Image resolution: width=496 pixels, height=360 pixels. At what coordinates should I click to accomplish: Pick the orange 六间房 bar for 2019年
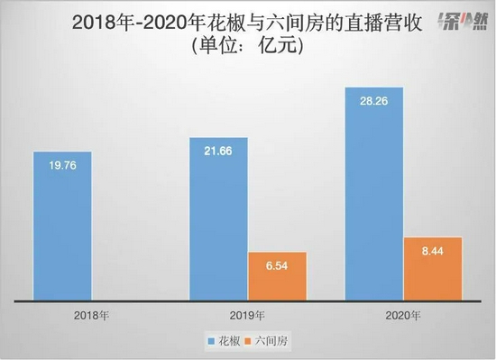(x=278, y=276)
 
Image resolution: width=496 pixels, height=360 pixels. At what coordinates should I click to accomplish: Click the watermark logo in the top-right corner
(x=457, y=22)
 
